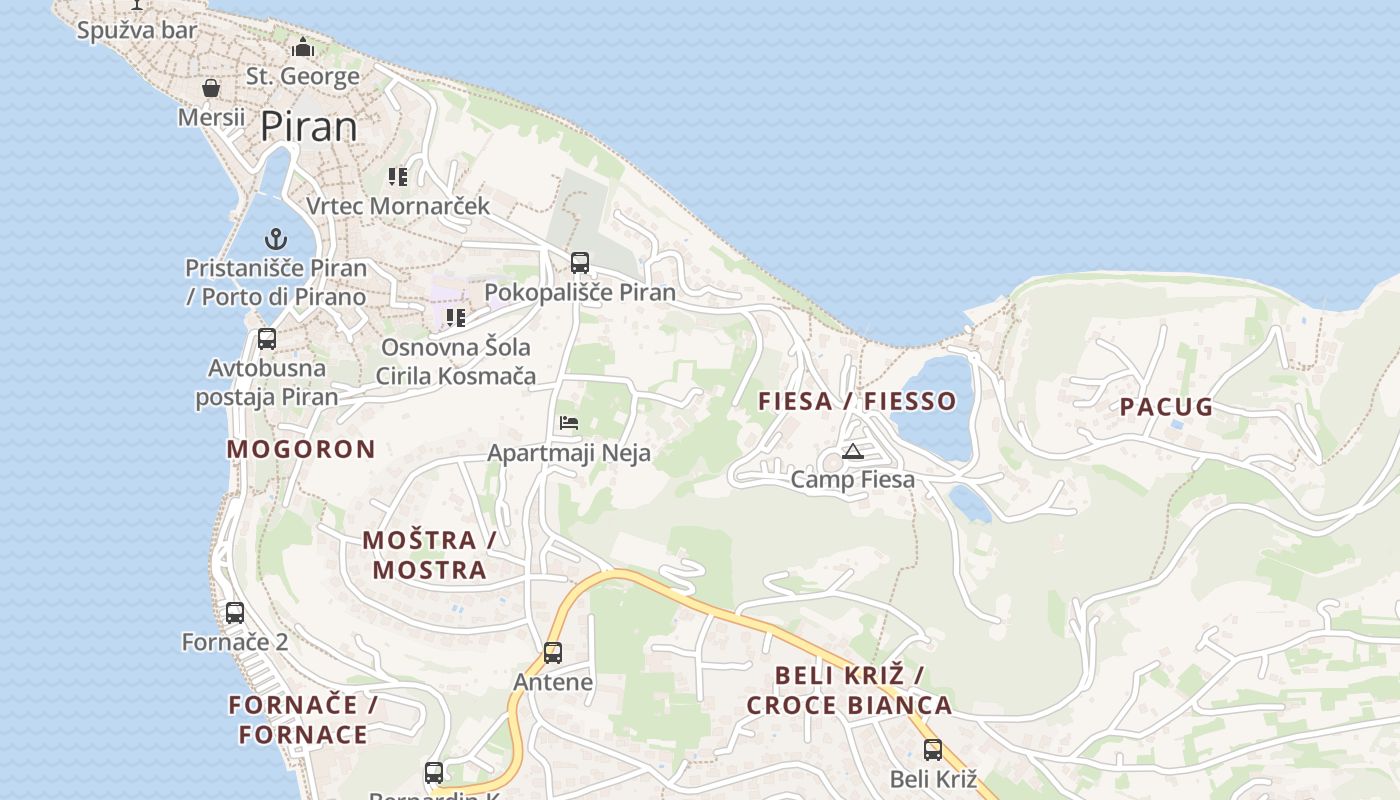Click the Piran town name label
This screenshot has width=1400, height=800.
click(x=309, y=127)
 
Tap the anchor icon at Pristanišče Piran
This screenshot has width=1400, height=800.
click(x=276, y=239)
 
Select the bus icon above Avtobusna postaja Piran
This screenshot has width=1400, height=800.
click(x=267, y=339)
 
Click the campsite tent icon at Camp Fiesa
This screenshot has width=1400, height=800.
click(x=852, y=451)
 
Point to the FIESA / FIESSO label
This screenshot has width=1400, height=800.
click(x=857, y=402)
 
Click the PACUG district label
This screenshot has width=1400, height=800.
click(x=1166, y=407)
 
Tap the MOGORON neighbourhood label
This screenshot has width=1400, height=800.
click(x=301, y=449)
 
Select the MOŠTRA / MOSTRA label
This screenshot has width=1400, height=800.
click(x=429, y=555)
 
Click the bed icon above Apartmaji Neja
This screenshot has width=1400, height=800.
click(x=569, y=423)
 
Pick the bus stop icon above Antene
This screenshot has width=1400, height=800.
click(x=553, y=653)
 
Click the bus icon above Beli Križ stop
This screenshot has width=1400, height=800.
click(x=933, y=749)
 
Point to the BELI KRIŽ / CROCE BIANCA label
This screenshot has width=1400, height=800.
click(x=849, y=690)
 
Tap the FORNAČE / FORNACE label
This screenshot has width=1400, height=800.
click(x=303, y=720)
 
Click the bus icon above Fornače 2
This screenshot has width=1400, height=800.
click(x=235, y=613)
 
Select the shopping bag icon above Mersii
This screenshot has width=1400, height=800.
click(x=211, y=89)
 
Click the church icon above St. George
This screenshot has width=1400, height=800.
click(x=303, y=47)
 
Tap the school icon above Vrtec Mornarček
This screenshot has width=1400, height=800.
click(x=398, y=177)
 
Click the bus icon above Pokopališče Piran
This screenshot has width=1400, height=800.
click(x=580, y=263)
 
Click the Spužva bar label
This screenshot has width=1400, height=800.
click(x=138, y=30)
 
